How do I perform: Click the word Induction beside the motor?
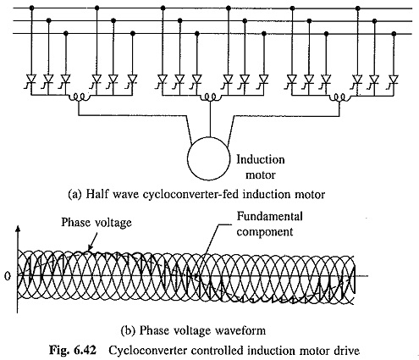(261, 160)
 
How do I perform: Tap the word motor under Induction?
(260, 175)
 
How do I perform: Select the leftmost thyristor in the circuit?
(31, 79)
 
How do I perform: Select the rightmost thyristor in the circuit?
(394, 79)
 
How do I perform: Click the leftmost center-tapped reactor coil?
(80, 97)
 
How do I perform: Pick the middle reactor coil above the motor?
(210, 97)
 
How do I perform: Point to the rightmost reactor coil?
(339, 97)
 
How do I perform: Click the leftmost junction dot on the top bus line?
(31, 8)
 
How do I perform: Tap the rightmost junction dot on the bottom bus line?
(394, 34)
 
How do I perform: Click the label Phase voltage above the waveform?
(96, 223)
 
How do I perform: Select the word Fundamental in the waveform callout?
(269, 217)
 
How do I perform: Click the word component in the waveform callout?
(265, 232)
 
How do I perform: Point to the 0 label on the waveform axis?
(8, 276)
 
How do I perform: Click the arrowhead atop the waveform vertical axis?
(18, 228)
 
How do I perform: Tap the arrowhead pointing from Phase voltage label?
(90, 247)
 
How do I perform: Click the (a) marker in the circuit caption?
(74, 195)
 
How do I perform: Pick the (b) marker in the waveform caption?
(128, 330)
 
